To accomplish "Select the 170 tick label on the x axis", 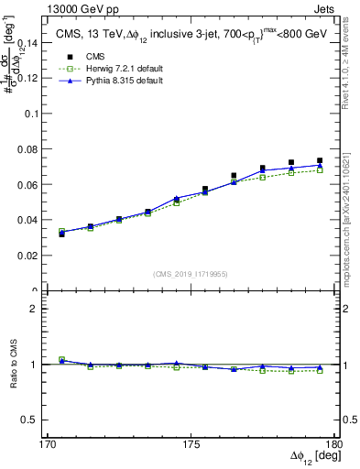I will [36, 444].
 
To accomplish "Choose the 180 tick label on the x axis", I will [337, 444].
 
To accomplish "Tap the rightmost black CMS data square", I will [320, 161].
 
